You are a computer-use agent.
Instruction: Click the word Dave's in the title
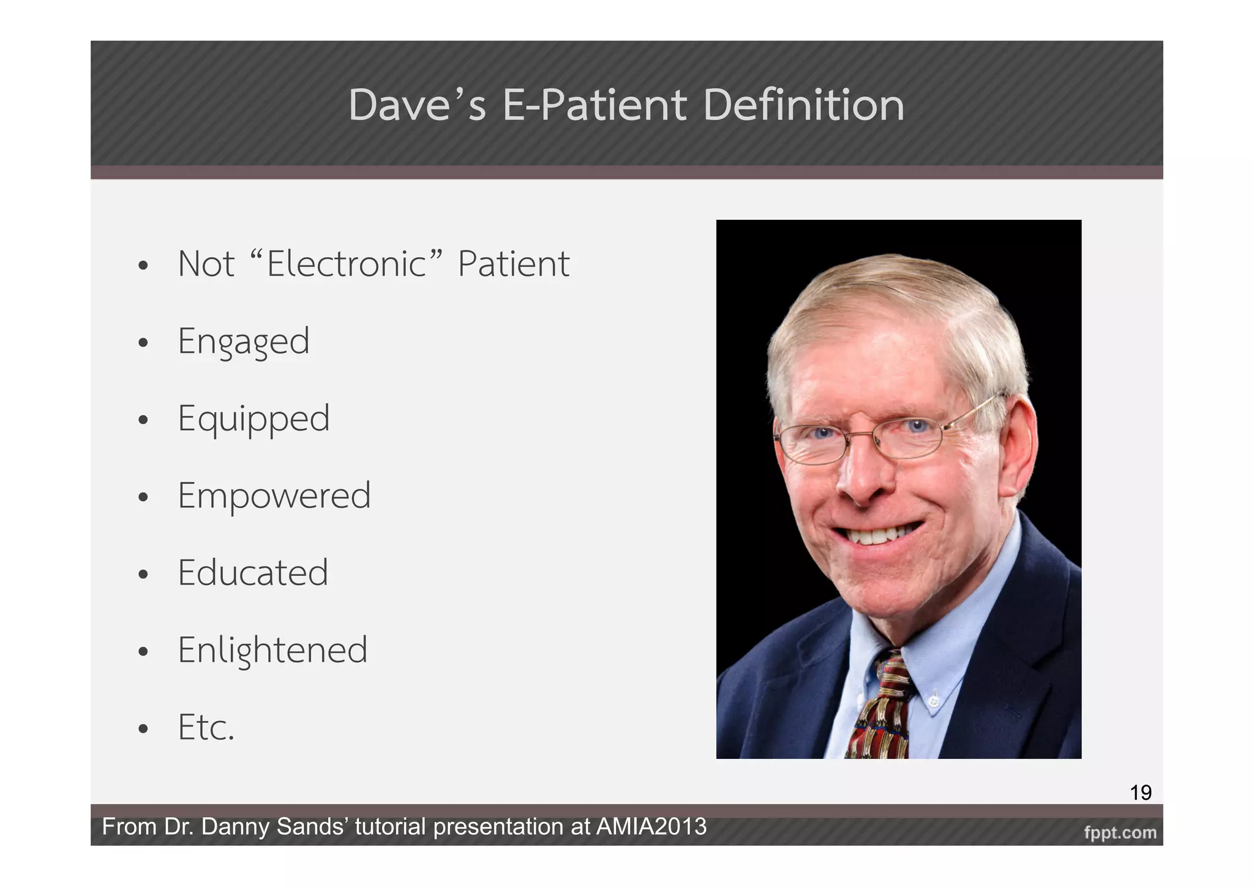pos(417,105)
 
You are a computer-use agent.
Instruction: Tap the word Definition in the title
pos(803,105)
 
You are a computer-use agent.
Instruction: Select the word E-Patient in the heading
pos(594,105)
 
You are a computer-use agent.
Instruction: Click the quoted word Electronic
pos(346,264)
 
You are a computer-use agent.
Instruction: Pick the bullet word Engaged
pos(244,341)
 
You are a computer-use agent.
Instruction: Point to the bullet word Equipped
pos(253,419)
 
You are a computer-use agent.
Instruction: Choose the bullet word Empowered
pos(274,496)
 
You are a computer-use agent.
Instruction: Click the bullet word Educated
pos(253,573)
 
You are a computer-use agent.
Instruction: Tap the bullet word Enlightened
pos(272,650)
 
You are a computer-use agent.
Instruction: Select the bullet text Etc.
pos(206,727)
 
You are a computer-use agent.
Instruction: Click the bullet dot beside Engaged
pos(143,343)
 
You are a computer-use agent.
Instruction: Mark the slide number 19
pos(1140,793)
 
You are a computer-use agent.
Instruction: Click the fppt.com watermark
pos(1120,832)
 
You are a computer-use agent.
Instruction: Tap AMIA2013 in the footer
pos(651,827)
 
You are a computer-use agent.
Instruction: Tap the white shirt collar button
pos(934,700)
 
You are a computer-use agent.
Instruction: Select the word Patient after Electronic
pos(513,264)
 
